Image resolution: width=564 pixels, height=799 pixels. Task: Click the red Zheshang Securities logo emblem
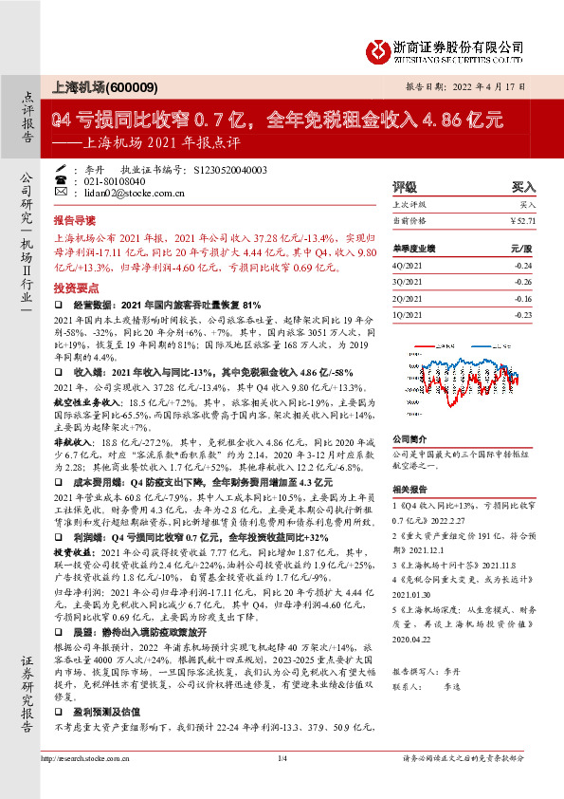click(x=378, y=48)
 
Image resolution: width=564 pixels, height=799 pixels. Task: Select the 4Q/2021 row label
click(x=409, y=267)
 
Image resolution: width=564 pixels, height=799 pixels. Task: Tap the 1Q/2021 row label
click(x=409, y=313)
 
